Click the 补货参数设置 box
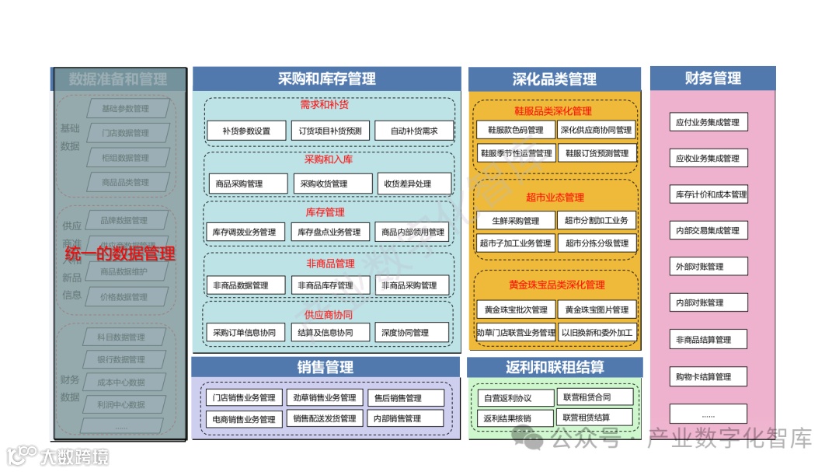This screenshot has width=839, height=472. tap(246, 131)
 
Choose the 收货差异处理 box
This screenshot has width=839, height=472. tap(414, 184)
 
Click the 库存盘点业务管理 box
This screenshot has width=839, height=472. tap(329, 232)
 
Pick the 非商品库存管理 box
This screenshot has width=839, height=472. tap(329, 285)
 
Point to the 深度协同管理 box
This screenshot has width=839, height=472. tap(413, 332)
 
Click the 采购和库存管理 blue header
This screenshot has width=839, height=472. tap(326, 79)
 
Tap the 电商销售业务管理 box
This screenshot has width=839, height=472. tap(244, 418)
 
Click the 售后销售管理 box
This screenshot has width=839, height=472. tap(406, 398)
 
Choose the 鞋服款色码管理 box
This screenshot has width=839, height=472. tap(516, 130)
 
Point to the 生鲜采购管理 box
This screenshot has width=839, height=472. tap(516, 220)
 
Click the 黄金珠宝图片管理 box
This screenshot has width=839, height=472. tap(597, 309)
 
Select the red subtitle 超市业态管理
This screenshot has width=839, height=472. tap(555, 198)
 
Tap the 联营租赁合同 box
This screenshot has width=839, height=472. tap(597, 397)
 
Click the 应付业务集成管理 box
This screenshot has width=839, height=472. tap(708, 122)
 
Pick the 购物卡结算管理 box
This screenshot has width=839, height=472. tap(708, 376)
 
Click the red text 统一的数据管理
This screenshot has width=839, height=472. tap(120, 253)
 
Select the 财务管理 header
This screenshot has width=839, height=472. tap(712, 79)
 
